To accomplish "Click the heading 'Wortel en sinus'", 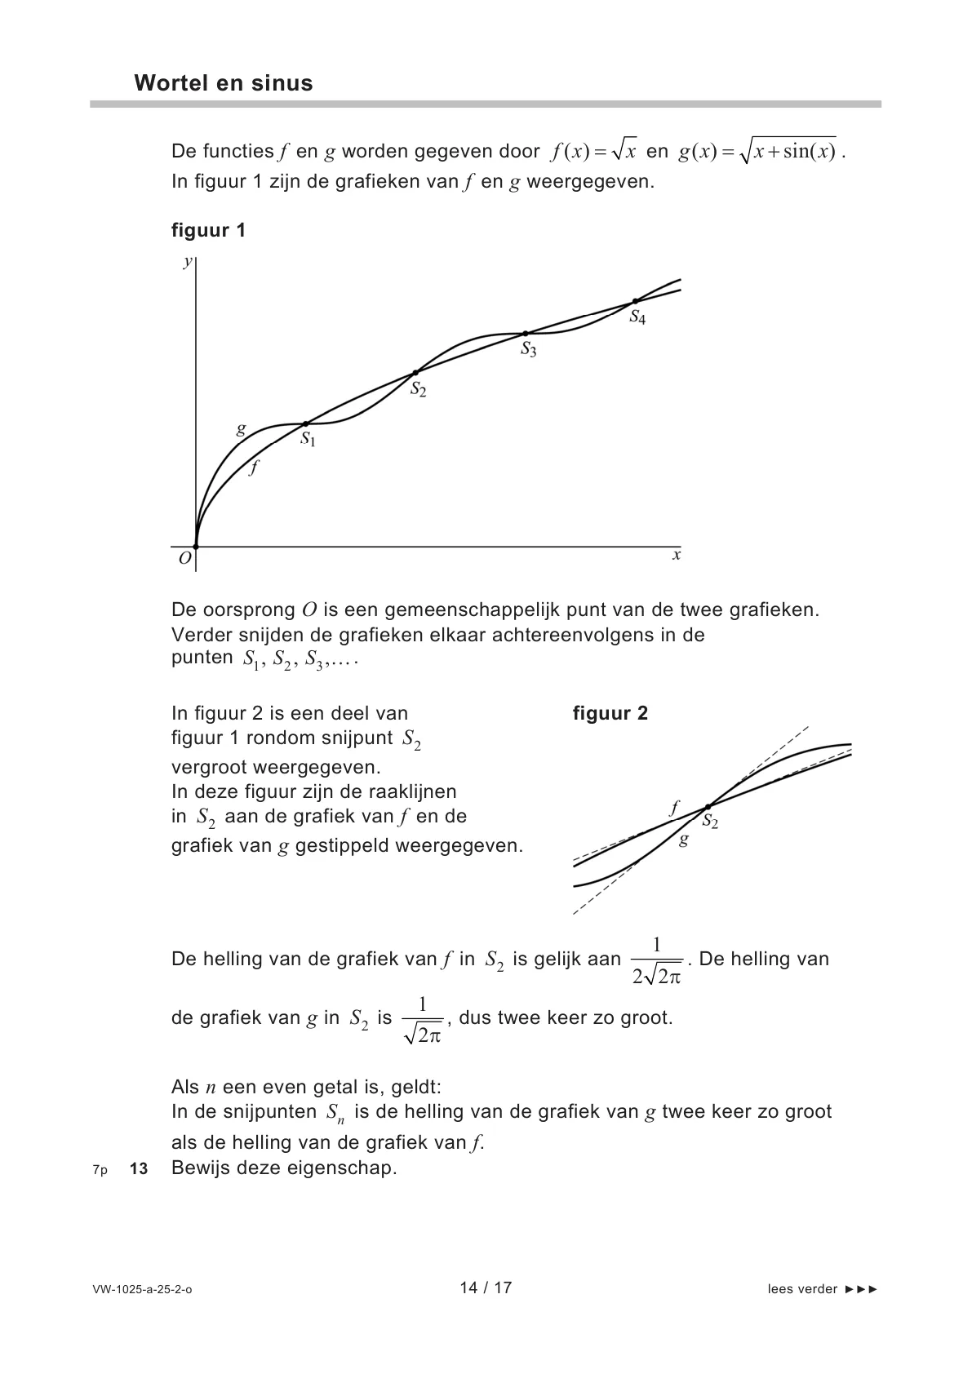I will [223, 83].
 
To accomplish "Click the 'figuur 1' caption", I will [208, 230].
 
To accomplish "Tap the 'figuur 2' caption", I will [610, 714].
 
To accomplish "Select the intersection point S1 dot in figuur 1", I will [305, 424].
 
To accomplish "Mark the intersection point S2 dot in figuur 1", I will [415, 373].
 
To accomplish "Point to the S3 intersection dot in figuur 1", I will [525, 334].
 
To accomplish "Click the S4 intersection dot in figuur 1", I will [635, 302].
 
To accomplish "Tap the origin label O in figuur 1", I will [184, 559].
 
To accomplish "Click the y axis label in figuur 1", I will [188, 261].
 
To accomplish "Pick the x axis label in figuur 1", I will [676, 556].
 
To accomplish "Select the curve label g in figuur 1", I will [241, 429].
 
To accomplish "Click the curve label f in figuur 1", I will [254, 468].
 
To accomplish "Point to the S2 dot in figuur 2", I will [708, 807].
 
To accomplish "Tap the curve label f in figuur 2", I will [674, 809].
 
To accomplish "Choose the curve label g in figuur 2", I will [684, 840].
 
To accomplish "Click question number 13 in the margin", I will [139, 1169].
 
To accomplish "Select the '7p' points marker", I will [100, 1170].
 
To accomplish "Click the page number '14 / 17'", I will [486, 1288].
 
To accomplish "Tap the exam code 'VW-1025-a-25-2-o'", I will [143, 1290].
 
